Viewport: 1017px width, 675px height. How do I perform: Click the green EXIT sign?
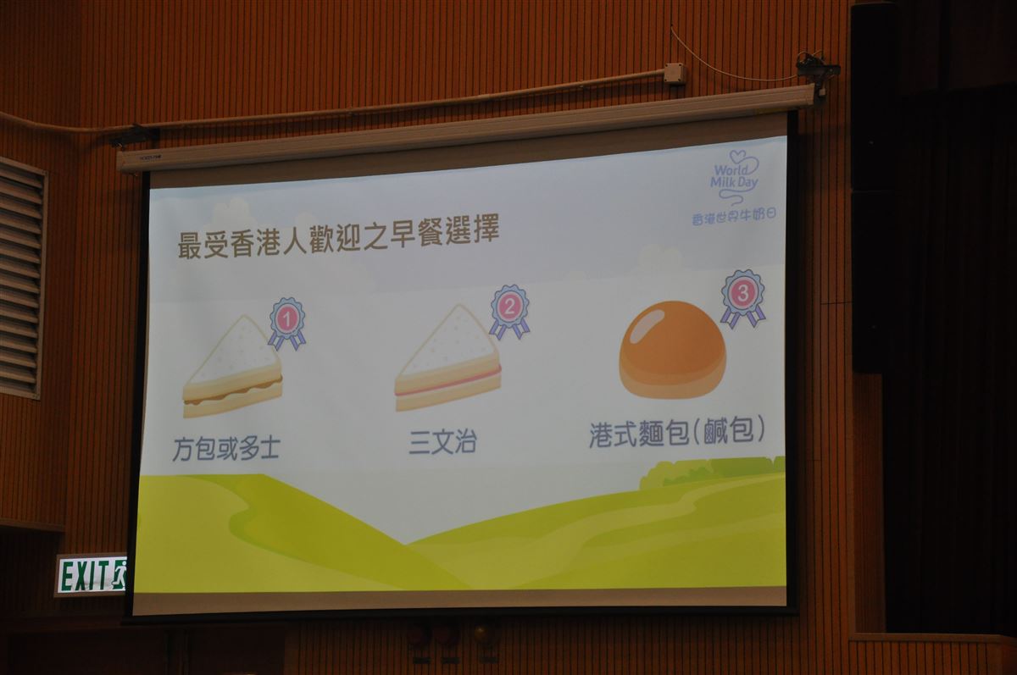pos(91,575)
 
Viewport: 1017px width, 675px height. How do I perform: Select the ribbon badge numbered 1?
pos(287,324)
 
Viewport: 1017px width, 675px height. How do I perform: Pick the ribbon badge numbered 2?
pos(509,312)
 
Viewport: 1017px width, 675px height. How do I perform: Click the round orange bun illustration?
pos(672,350)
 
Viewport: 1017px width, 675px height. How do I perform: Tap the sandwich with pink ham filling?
pos(447,358)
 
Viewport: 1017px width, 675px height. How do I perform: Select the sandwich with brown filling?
pos(232,367)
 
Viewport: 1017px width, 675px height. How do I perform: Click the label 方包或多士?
pos(225,449)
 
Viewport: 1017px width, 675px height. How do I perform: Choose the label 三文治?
pos(442,442)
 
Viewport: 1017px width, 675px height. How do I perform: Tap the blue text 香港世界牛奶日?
pos(734,216)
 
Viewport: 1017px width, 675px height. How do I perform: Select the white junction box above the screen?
pos(674,73)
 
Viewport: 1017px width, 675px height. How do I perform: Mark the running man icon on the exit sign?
pos(120,574)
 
